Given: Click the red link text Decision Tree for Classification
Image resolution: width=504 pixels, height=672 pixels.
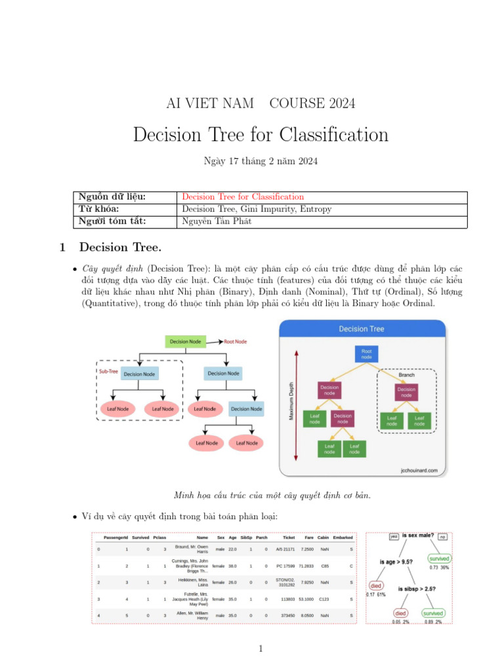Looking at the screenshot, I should point(243,197).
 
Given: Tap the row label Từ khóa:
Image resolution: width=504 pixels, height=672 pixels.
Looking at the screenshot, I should point(99,209).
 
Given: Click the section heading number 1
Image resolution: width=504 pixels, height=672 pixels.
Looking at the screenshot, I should point(63,247).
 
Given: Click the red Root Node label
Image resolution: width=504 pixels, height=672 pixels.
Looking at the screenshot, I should point(236,342).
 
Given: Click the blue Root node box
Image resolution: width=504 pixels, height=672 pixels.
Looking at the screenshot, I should point(366,354).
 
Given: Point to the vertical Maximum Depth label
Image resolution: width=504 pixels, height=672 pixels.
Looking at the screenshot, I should point(292,402).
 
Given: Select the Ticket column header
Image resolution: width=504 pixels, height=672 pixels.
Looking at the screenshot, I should point(289,537).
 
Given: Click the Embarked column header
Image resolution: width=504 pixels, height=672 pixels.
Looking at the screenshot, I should point(343,537).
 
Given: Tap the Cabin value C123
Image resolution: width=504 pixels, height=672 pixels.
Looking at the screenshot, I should point(324,599).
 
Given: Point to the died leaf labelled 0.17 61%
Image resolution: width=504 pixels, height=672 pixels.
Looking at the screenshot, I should point(376,585).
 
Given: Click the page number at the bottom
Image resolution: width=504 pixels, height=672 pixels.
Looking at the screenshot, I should point(261,649).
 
